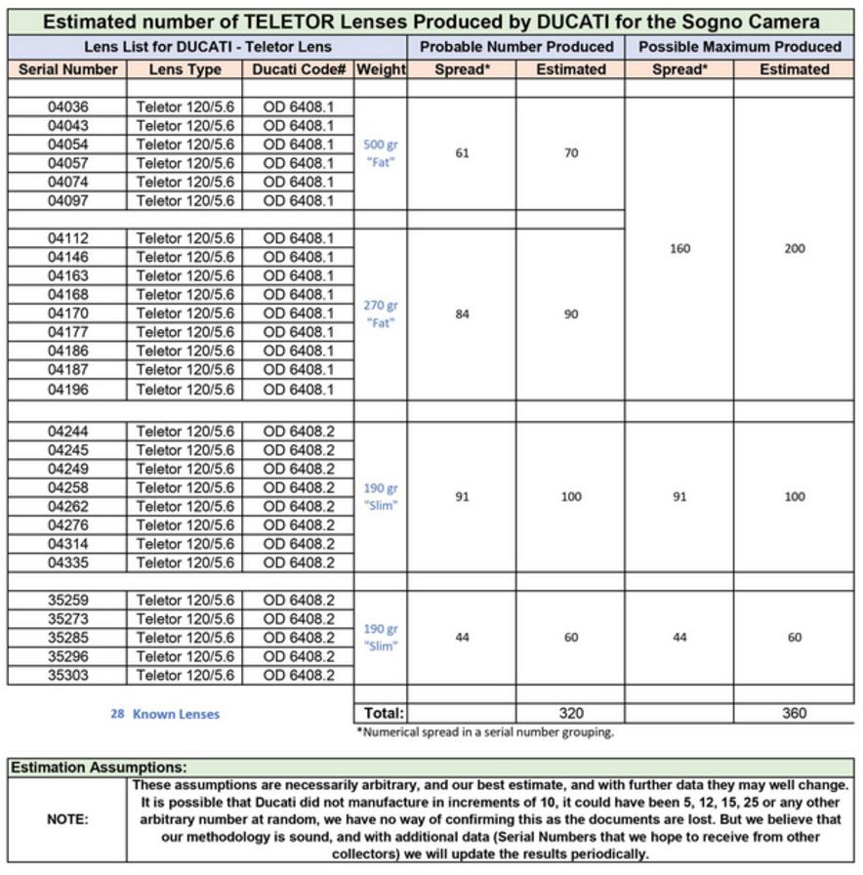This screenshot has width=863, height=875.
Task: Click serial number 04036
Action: (x=67, y=106)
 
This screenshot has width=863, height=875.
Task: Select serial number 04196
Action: (x=67, y=390)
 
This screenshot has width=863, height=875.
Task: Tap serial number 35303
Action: (x=67, y=675)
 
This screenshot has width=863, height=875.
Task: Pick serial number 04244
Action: (x=67, y=432)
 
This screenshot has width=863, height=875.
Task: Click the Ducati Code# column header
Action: (x=299, y=69)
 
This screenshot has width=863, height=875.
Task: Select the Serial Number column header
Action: (x=67, y=69)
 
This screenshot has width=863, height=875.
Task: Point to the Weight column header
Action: (x=381, y=69)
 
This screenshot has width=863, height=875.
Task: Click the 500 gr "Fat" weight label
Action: (x=381, y=153)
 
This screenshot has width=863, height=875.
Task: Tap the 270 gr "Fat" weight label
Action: (x=381, y=313)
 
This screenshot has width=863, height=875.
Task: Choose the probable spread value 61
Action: (x=463, y=153)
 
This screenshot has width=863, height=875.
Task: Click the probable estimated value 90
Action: (x=571, y=314)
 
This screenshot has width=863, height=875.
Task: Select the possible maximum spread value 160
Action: (x=679, y=248)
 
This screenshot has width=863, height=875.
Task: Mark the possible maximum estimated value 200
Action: (x=795, y=248)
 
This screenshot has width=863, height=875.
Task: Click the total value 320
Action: (x=571, y=713)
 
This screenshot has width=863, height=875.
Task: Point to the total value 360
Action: (x=795, y=713)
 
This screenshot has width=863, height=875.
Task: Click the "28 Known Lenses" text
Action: (x=165, y=714)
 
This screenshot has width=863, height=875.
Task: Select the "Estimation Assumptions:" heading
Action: (x=98, y=769)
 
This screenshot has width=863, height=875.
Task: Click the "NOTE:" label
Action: (x=67, y=819)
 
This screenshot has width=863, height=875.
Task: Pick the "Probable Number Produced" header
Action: (x=516, y=46)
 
